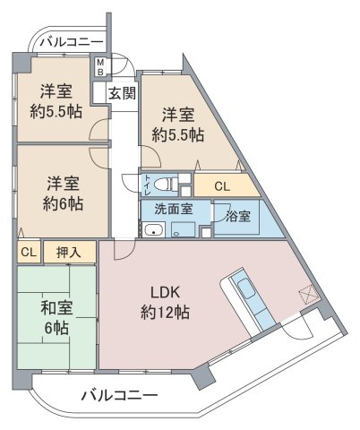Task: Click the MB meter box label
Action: click(x=100, y=67)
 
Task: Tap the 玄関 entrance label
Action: click(x=122, y=93)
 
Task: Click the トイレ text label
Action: click(x=148, y=185)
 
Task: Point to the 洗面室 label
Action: click(x=173, y=209)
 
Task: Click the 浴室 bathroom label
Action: click(x=238, y=216)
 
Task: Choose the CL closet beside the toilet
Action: click(x=222, y=187)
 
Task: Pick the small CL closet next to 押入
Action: click(x=29, y=253)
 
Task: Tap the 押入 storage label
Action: click(x=69, y=253)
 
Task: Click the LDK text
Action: click(x=165, y=293)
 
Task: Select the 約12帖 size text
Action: click(x=165, y=313)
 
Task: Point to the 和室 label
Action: click(x=56, y=308)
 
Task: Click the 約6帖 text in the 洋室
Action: click(x=63, y=204)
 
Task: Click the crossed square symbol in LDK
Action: click(x=307, y=294)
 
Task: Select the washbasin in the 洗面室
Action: click(x=153, y=230)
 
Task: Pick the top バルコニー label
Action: click(x=72, y=41)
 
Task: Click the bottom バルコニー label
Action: click(x=119, y=396)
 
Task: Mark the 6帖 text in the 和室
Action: click(x=56, y=328)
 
